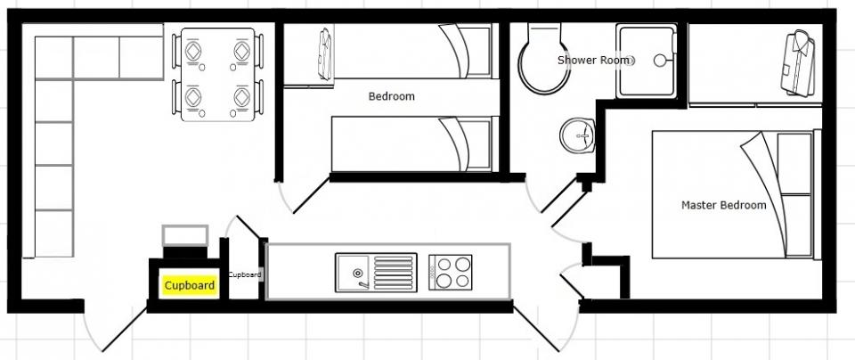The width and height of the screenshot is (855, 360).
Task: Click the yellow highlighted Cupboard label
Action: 190,285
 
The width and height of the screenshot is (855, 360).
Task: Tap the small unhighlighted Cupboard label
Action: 245,275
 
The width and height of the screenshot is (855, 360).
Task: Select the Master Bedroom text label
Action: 723,205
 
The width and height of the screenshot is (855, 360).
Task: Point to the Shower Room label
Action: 593,60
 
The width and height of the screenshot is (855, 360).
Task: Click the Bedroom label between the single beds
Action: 392,96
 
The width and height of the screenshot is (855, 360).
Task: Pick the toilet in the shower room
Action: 542,58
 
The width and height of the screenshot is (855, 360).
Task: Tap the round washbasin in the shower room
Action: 577,135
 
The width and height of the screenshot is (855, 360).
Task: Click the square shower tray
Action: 647,61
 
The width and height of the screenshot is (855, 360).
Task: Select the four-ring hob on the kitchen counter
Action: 451,272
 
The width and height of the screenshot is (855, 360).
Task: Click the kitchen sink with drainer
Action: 376,272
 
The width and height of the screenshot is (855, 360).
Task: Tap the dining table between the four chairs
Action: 217,74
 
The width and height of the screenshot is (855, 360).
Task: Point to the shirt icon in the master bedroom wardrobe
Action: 797,63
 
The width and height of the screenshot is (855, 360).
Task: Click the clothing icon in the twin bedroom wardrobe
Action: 325,54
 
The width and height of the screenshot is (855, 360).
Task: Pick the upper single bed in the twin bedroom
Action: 414,51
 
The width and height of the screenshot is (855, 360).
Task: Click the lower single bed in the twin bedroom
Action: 415,144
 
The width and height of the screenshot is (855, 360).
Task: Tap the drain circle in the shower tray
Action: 660,61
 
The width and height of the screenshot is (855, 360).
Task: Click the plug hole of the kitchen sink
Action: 358,273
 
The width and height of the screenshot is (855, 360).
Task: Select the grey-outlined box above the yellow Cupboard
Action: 185,235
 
